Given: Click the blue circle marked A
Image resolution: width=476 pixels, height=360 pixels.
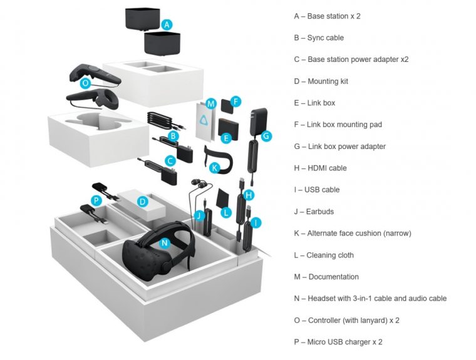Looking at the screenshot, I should pyautogui.click(x=166, y=24).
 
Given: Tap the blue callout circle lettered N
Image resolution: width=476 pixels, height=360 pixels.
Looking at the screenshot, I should pyautogui.click(x=165, y=242).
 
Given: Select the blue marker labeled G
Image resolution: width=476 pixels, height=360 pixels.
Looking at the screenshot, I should pyautogui.click(x=266, y=135).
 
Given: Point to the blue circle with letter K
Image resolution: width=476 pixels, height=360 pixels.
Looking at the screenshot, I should pyautogui.click(x=214, y=168).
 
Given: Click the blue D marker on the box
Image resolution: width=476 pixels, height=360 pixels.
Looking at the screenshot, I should pyautogui.click(x=143, y=202).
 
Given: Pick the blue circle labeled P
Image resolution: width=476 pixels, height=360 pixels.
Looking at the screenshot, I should pyautogui.click(x=96, y=200).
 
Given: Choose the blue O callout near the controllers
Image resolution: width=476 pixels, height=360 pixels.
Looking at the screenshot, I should pyautogui.click(x=86, y=82).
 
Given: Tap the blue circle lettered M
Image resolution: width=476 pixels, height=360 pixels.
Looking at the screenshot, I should pyautogui.click(x=211, y=103).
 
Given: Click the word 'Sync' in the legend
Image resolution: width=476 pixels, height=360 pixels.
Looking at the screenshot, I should pyautogui.click(x=316, y=38).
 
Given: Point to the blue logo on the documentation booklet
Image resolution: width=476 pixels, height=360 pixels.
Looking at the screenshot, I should pyautogui.click(x=204, y=122).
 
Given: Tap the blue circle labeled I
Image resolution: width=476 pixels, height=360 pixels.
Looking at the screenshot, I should pyautogui.click(x=256, y=222).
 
